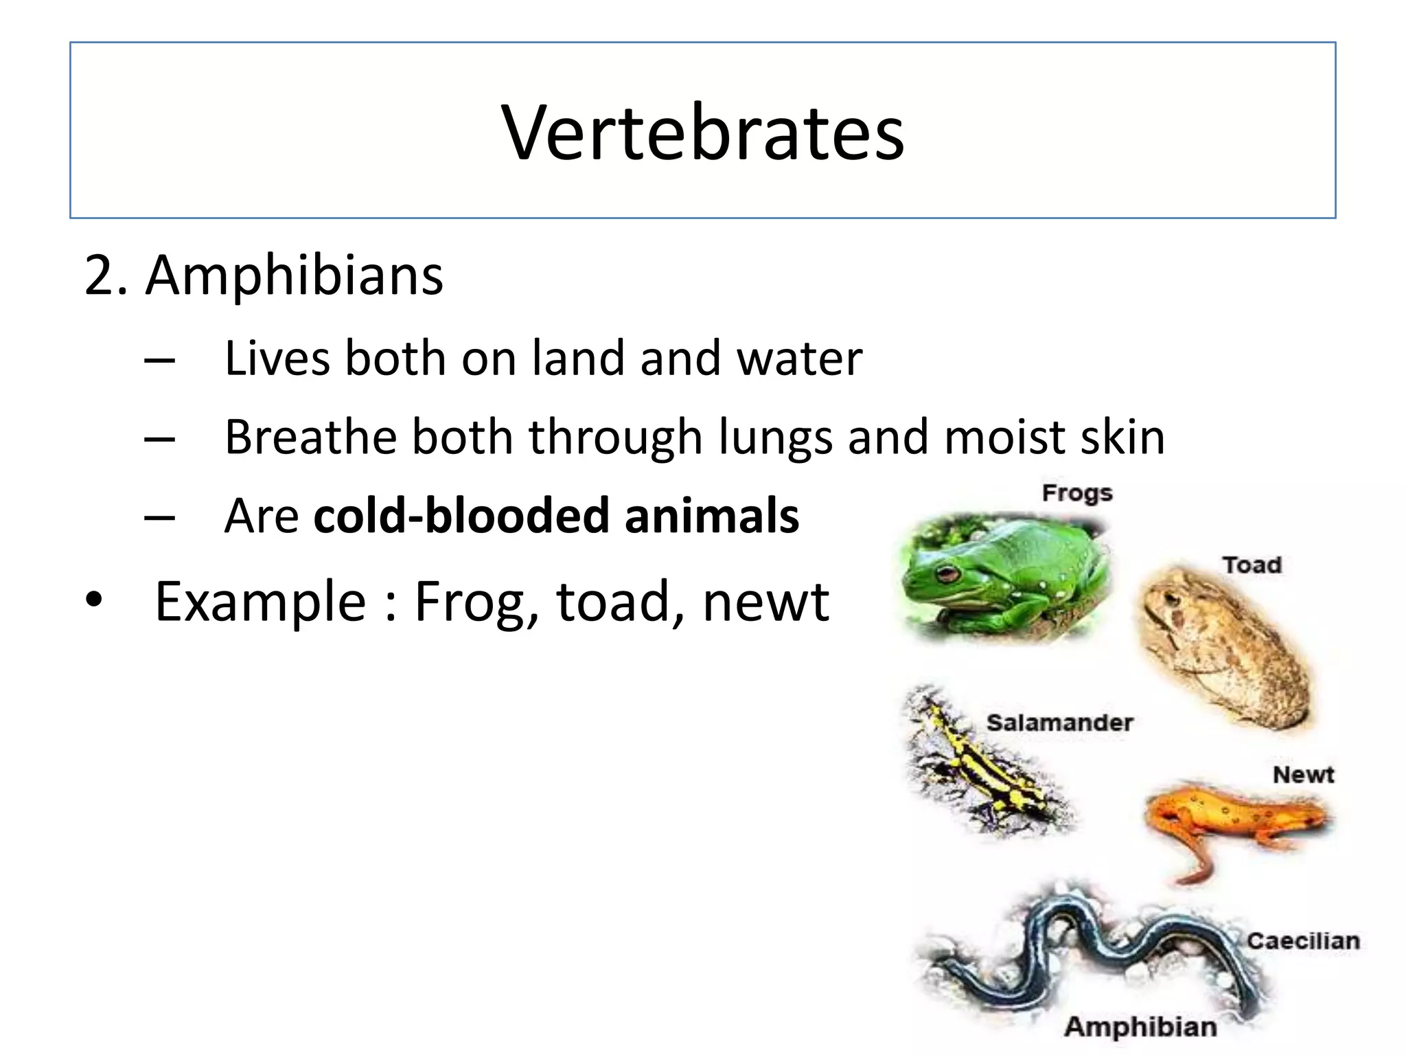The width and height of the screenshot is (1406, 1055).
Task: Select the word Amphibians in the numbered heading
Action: click(294, 276)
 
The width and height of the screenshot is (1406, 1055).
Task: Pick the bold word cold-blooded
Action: click(461, 516)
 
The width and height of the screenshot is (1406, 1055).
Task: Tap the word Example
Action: click(260, 601)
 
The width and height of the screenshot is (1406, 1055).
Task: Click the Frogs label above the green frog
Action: click(1076, 493)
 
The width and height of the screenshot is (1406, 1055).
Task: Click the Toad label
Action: click(1252, 565)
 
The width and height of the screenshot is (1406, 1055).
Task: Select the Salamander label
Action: click(1059, 723)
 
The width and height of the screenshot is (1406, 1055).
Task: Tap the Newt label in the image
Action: click(1303, 775)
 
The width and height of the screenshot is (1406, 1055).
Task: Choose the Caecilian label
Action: click(1302, 941)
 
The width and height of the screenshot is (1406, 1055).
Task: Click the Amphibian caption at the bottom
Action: click(1140, 1027)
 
